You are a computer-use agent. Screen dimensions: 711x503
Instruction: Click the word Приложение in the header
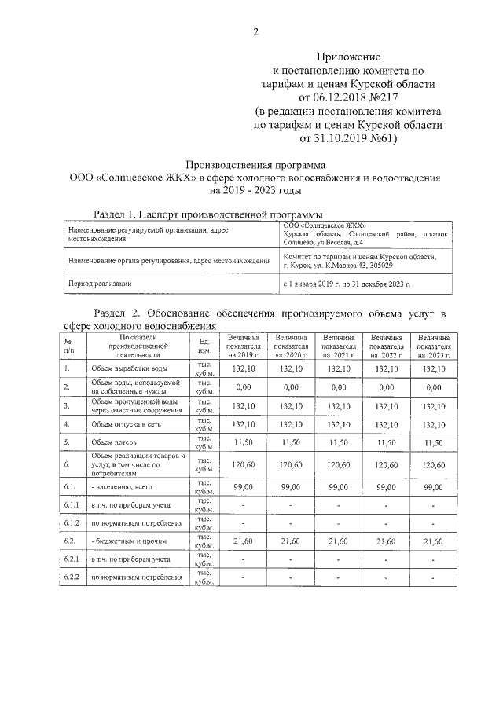348,57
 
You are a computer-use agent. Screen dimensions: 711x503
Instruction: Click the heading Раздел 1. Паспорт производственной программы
207,214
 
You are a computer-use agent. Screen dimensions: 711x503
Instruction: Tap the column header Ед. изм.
204,345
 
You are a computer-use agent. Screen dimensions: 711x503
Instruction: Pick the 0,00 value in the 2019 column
243,387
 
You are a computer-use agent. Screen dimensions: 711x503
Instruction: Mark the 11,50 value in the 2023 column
433,444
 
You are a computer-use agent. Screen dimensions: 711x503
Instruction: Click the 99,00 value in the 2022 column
386,488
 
